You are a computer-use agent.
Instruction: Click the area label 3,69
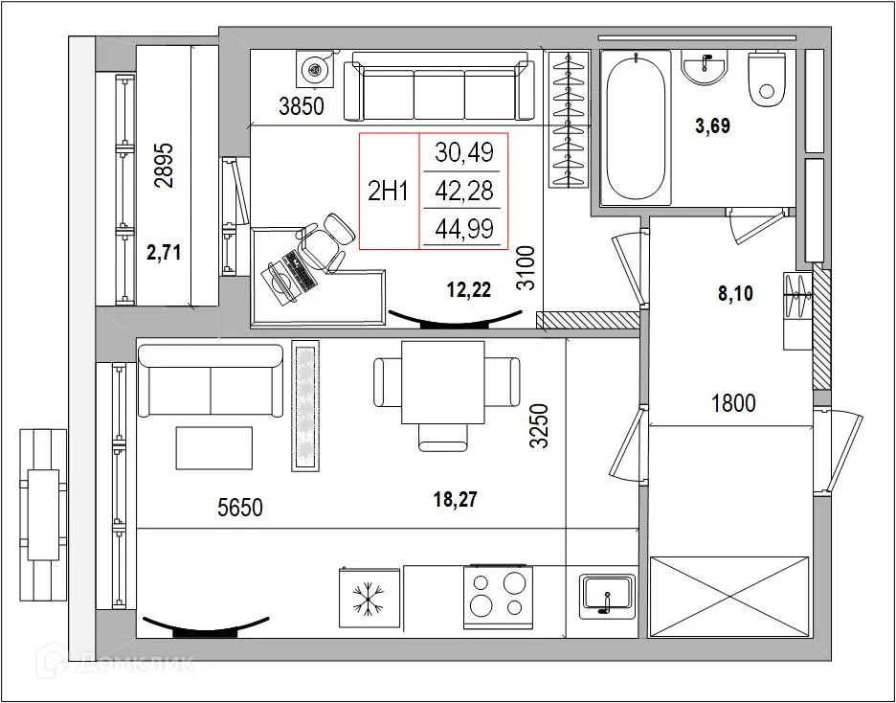[715, 125]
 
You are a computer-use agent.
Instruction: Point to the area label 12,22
[468, 290]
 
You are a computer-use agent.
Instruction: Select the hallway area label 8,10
[735, 294]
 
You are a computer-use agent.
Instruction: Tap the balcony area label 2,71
[164, 253]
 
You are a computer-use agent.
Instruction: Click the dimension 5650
[239, 508]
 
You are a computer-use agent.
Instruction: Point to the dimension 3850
[302, 107]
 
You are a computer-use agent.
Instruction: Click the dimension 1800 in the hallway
[733, 403]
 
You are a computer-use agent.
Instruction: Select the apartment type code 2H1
[389, 191]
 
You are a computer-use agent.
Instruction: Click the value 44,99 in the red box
[463, 228]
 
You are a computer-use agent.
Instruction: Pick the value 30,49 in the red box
[463, 152]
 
